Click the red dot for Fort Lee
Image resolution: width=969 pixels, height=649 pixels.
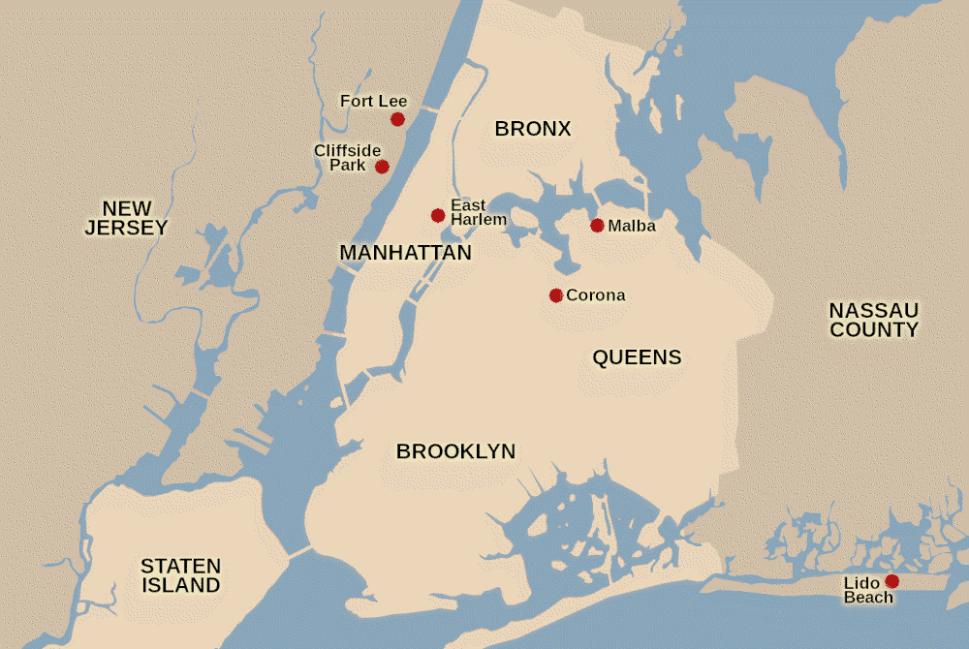coord(397,119)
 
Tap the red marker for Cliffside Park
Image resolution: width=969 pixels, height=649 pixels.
coord(383,167)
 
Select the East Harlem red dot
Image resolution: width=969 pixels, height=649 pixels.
coord(438,215)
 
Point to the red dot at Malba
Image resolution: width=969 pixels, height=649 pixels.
coord(597,226)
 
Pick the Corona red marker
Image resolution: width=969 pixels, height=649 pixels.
coord(555,295)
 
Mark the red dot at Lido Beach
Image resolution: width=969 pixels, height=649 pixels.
coord(891,581)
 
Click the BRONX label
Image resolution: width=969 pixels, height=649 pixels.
coord(533,129)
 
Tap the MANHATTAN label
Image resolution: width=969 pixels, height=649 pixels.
coord(405,253)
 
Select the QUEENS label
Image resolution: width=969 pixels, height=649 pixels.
coord(637,357)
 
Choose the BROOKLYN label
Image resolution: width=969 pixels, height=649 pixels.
coord(455,450)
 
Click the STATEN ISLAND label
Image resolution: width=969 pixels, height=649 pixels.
coord(180,575)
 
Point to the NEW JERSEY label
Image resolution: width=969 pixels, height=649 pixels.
coord(126,218)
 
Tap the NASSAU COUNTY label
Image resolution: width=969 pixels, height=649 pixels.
coord(873,320)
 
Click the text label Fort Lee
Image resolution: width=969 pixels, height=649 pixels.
coord(373,101)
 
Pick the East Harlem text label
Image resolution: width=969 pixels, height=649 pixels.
coord(478,212)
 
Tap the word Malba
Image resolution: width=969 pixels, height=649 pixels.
coord(632,227)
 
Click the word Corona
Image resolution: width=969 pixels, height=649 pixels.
coord(595,295)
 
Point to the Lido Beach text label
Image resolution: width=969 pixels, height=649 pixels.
coord(868,590)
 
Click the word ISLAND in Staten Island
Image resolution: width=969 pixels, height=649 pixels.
coord(180,585)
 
